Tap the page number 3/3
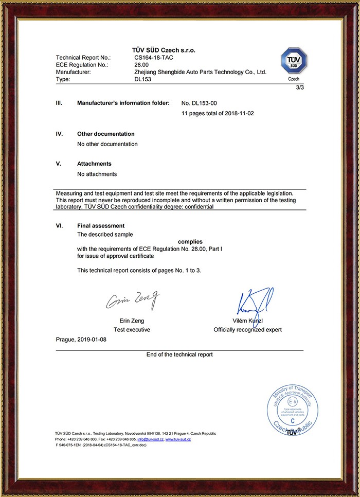pos(300,88)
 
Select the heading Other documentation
pos(106,134)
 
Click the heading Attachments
pos(95,164)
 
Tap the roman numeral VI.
pos(59,225)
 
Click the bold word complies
pos(190,241)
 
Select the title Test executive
pos(132,330)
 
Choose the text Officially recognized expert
pos(247,330)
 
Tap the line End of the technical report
pos(179,354)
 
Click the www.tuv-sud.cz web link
pos(178,439)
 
